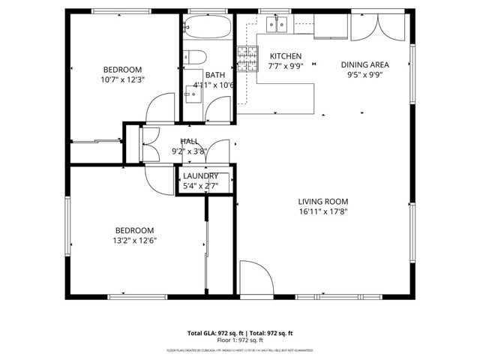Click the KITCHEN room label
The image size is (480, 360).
point(285,56)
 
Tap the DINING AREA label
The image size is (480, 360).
point(365,64)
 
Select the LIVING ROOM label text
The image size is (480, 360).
point(322,201)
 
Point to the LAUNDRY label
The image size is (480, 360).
point(200,176)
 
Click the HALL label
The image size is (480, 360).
point(189,141)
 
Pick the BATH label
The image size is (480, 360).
point(215,75)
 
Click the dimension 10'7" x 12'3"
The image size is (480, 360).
point(121,79)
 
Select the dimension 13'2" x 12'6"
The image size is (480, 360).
point(134,240)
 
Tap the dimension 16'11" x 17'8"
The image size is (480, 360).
point(322,211)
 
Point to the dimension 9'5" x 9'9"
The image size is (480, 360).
point(365,74)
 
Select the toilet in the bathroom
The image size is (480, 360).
point(194,57)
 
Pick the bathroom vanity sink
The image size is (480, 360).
point(193,93)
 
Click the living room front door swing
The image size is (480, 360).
point(255,278)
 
